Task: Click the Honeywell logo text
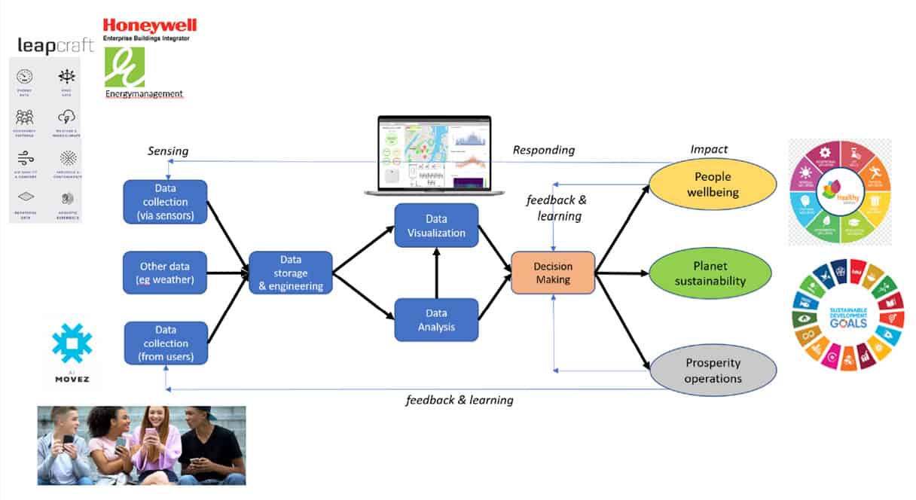150,26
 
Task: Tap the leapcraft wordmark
56,47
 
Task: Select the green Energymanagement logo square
124,67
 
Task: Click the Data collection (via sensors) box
165,202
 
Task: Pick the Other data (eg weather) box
165,273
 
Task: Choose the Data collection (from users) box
165,343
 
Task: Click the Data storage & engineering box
291,273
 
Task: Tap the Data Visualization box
436,225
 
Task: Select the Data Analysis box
436,320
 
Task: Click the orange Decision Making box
553,273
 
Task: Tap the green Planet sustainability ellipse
710,273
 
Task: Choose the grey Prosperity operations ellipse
713,370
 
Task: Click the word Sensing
168,151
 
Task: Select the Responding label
543,150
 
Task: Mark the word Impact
709,150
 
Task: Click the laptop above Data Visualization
428,155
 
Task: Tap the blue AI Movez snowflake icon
72,343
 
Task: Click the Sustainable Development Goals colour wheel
847,315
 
